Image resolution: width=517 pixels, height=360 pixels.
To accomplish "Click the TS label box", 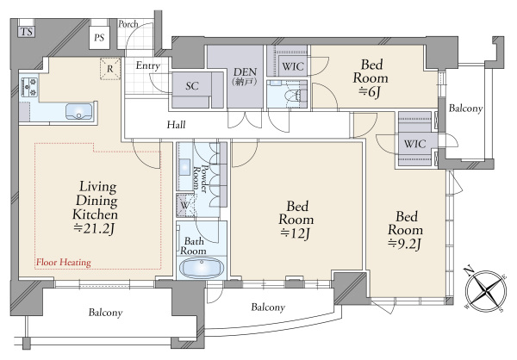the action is click(x=27, y=32).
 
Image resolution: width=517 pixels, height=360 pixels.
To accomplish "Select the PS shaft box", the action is click(x=99, y=37).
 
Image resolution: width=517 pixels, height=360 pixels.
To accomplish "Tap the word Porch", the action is click(x=128, y=24).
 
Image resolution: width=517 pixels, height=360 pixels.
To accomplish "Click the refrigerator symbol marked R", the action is click(x=110, y=69).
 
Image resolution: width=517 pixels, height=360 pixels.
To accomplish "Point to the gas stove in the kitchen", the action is click(x=29, y=86).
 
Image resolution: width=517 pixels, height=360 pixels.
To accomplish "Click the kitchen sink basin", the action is click(x=78, y=111).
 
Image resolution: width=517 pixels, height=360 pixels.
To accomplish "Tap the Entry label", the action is click(x=148, y=65).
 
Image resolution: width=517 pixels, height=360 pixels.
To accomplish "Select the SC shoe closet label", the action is click(x=192, y=86).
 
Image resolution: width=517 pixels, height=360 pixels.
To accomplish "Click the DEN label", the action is click(x=245, y=71).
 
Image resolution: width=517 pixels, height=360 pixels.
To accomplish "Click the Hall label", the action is click(x=176, y=125).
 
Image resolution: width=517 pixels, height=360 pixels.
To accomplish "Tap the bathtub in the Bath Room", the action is click(x=202, y=268).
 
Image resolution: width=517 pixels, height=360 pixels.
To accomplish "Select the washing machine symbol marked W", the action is click(x=185, y=206).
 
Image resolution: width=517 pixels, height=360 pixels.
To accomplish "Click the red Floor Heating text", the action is click(x=64, y=263).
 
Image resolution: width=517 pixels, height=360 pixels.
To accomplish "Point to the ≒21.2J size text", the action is click(x=94, y=228).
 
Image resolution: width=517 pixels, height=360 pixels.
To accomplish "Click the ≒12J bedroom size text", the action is click(x=295, y=233).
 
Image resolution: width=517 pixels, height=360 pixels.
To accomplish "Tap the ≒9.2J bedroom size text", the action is click(x=405, y=244).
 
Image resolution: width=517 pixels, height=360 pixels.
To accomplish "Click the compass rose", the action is click(x=486, y=291).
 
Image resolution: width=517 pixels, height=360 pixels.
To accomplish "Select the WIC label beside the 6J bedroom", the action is click(x=293, y=66).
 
